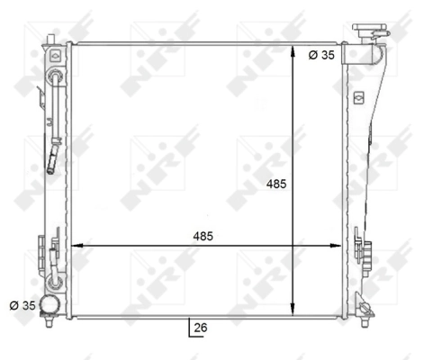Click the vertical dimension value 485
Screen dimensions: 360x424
tap(277, 184)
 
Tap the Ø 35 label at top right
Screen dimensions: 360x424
tap(320, 55)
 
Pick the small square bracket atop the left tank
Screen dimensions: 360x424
tap(57, 55)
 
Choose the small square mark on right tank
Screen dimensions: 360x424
tap(358, 97)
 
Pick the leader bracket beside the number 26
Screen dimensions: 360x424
tap(189, 327)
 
